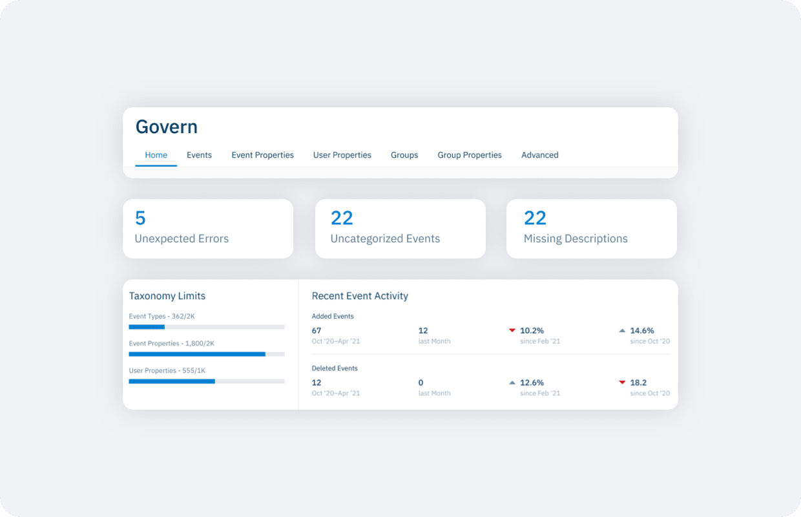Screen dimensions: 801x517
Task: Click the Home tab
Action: [x=156, y=155]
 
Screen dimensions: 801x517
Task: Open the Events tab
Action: [x=199, y=155]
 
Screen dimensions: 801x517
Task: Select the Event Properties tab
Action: [x=262, y=155]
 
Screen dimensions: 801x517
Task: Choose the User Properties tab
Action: [x=342, y=155]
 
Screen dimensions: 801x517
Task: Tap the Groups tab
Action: [x=404, y=155]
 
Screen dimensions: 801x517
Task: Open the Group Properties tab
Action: [x=470, y=155]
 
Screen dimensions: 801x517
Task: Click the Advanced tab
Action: [x=539, y=155]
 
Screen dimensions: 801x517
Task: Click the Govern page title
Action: [x=166, y=127]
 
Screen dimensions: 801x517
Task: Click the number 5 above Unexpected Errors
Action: [x=140, y=218]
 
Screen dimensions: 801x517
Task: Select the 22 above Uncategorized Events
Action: [x=342, y=218]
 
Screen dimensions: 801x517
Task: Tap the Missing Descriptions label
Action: [x=576, y=238]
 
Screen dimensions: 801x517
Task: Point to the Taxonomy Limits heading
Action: [x=167, y=295]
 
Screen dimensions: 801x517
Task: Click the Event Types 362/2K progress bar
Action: [x=207, y=326]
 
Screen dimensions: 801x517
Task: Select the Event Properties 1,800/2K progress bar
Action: [x=207, y=354]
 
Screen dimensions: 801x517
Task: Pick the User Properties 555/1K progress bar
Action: [x=207, y=381]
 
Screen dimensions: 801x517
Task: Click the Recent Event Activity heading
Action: [x=360, y=295]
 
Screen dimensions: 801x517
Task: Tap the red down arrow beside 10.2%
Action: [x=512, y=330]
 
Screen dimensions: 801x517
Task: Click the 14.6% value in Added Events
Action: [x=642, y=330]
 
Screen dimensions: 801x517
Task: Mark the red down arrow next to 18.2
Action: [x=622, y=383]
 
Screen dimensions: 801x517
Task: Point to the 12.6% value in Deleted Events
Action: [x=532, y=383]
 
